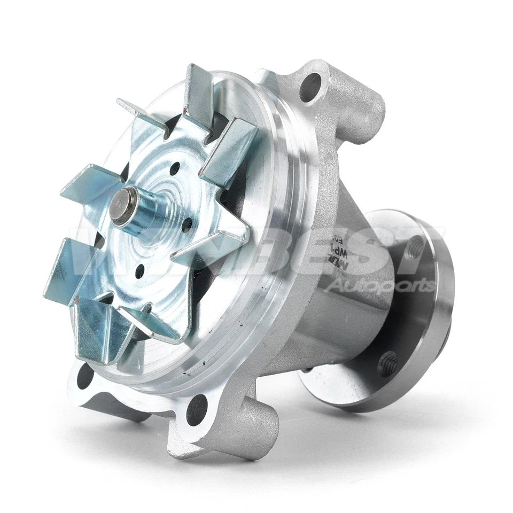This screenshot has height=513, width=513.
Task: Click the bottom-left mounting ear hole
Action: click(x=85, y=377)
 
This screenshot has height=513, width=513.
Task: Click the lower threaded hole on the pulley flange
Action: click(x=389, y=364)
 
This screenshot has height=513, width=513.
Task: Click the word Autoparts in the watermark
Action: click(x=379, y=285)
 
